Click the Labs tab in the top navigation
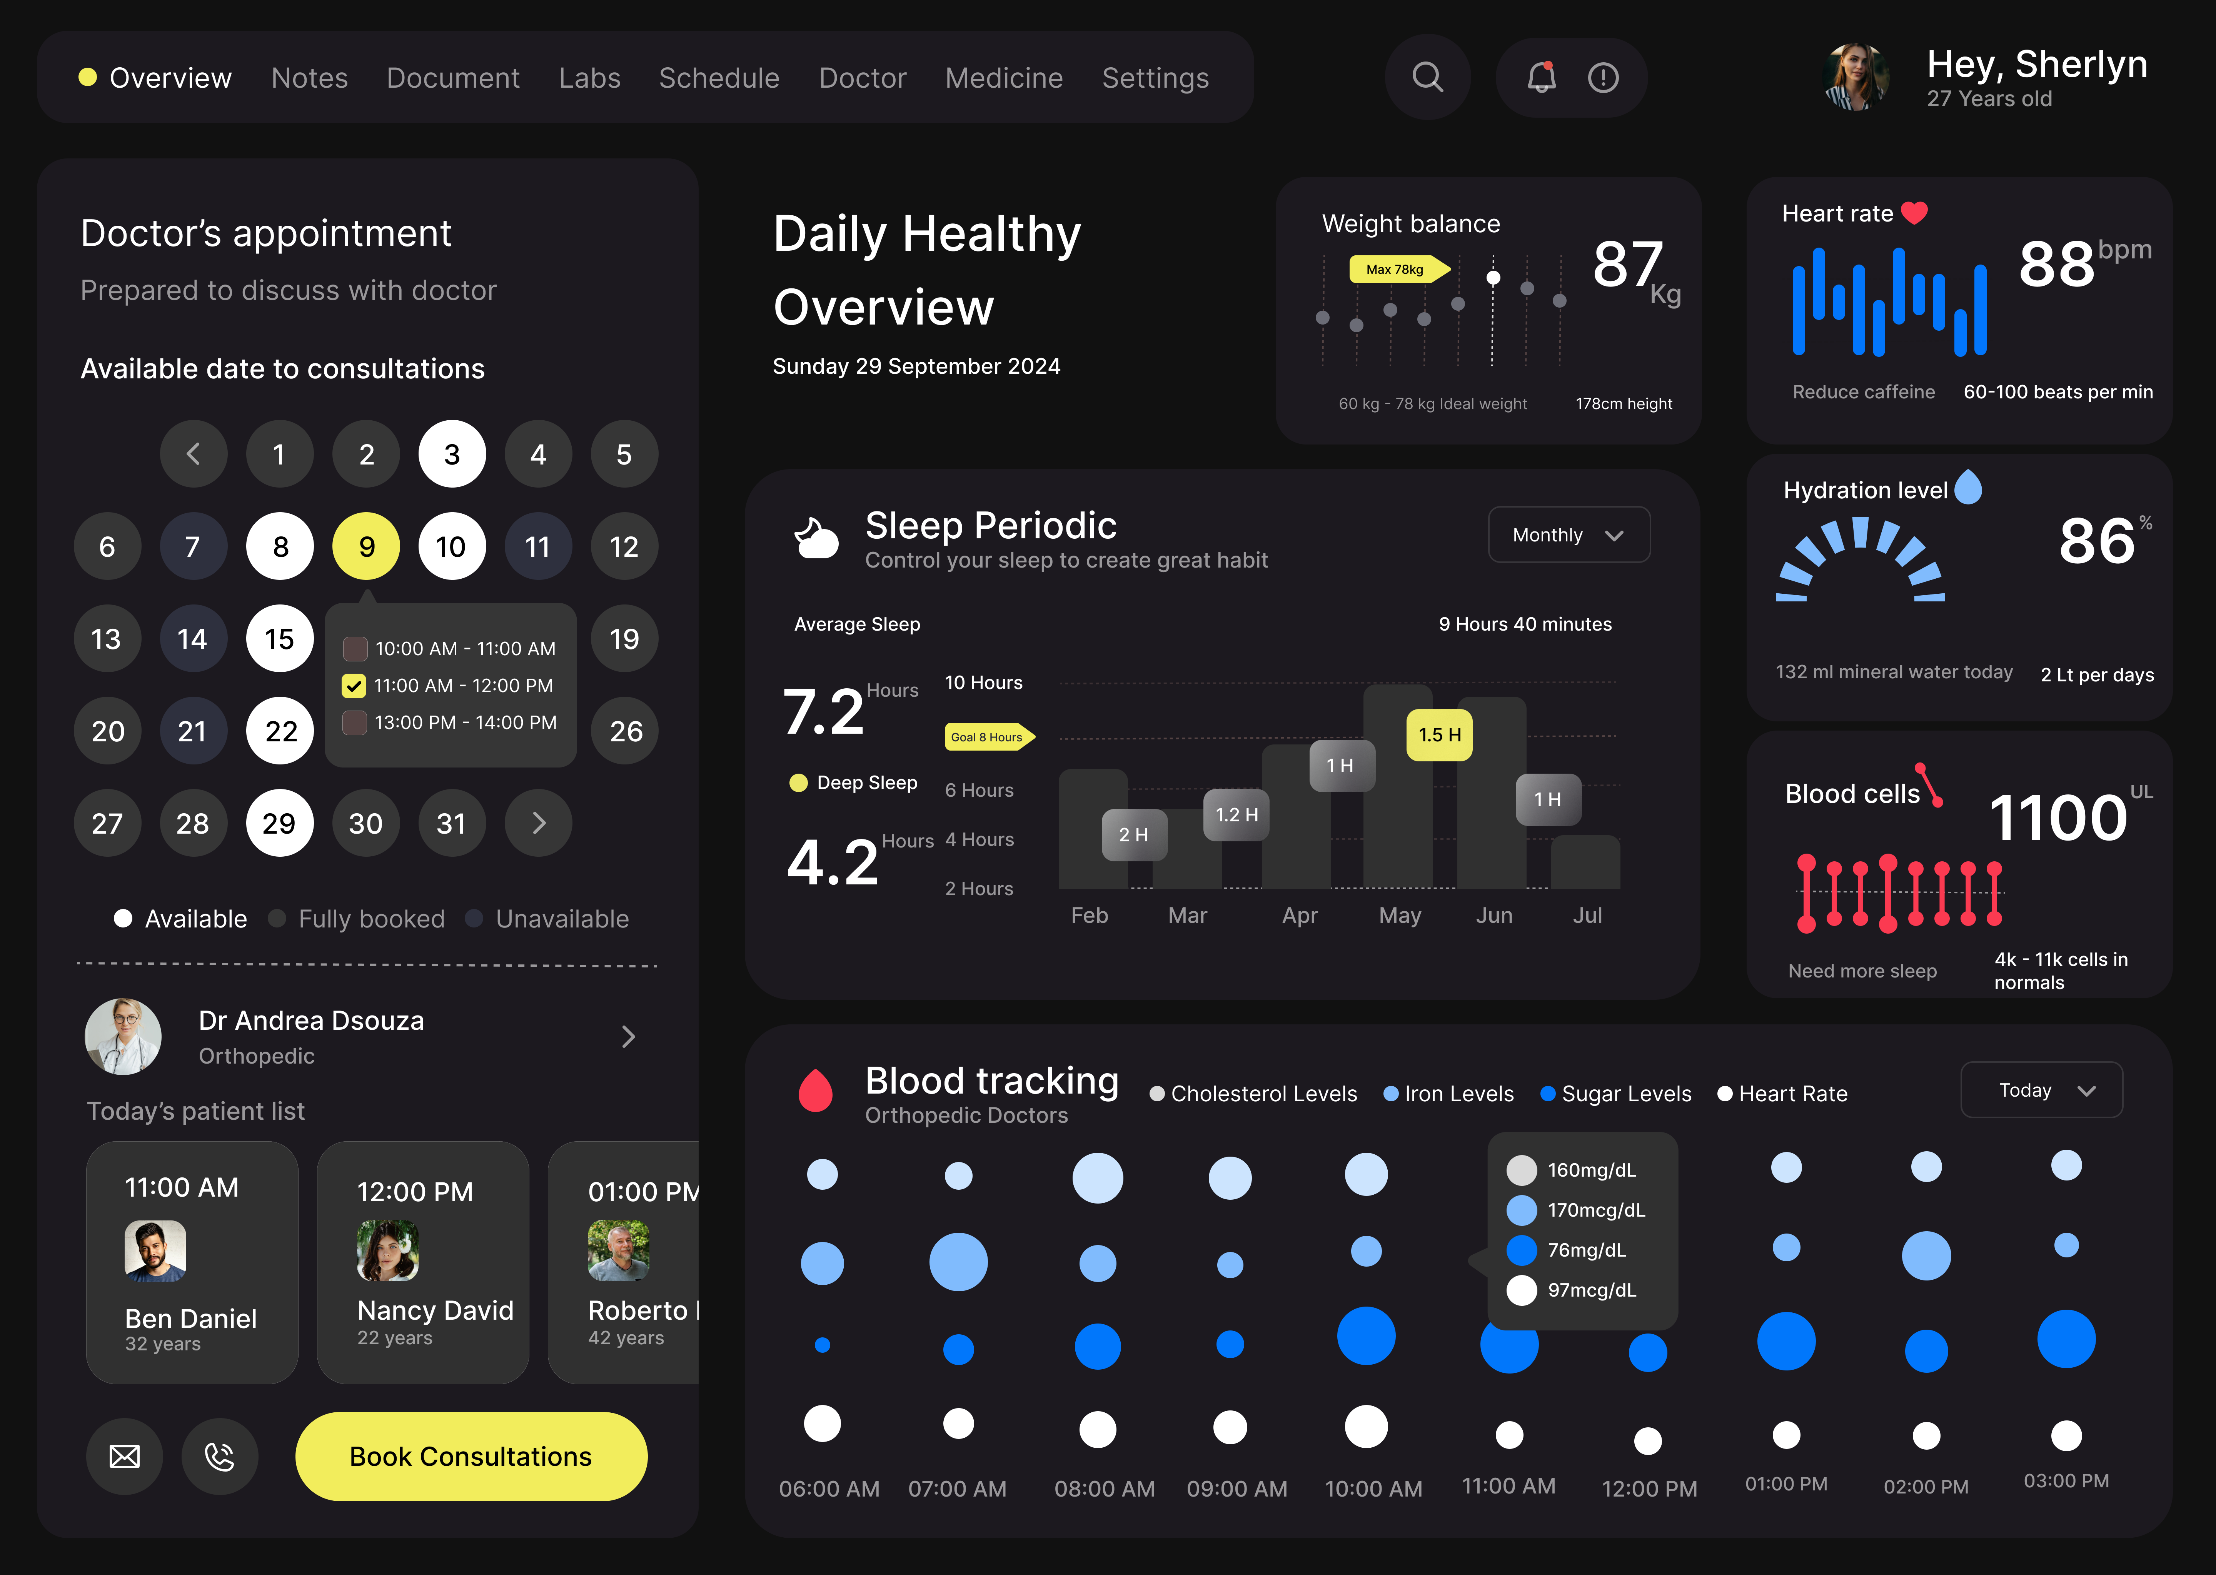(589, 78)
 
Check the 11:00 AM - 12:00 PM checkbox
(354, 686)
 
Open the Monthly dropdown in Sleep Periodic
(1568, 535)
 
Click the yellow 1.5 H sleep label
(1439, 735)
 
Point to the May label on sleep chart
(1399, 916)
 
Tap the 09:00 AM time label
(1236, 1489)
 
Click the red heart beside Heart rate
(1914, 212)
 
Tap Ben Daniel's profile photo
(155, 1251)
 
